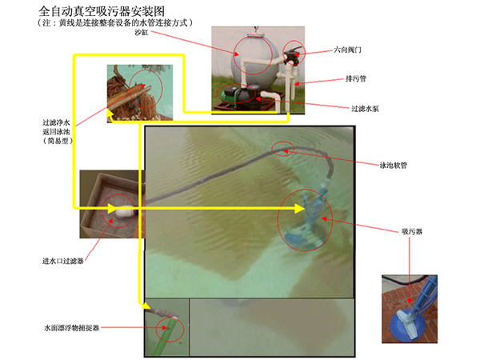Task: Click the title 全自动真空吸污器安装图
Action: click(x=102, y=11)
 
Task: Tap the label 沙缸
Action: click(x=142, y=32)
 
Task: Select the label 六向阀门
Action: click(x=347, y=50)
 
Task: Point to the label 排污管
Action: click(x=356, y=78)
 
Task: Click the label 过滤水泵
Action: click(x=365, y=109)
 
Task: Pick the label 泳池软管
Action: click(x=394, y=166)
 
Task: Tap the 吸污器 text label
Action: click(x=412, y=231)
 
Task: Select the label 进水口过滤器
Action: click(x=63, y=261)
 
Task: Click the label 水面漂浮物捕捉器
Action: click(x=72, y=328)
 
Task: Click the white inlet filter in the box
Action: click(x=124, y=212)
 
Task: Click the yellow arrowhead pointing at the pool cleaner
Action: click(x=300, y=209)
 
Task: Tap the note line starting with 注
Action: click(x=115, y=23)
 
